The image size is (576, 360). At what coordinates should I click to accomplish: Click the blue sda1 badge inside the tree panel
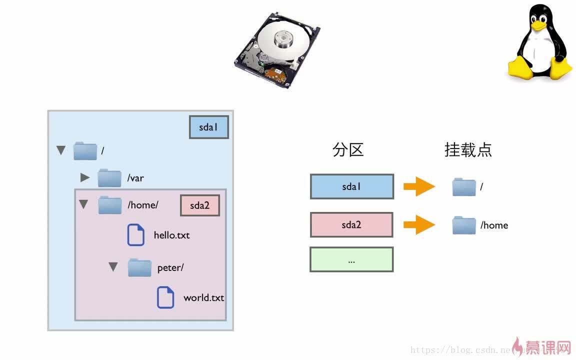[208, 127]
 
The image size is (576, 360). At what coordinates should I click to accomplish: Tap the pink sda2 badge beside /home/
[199, 205]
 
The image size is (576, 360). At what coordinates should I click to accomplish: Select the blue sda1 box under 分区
[351, 186]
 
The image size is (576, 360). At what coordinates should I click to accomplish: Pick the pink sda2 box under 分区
[351, 224]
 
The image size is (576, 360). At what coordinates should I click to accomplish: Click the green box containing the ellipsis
[351, 259]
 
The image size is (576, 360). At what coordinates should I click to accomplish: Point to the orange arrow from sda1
[419, 186]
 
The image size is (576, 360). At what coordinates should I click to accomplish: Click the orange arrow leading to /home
[419, 224]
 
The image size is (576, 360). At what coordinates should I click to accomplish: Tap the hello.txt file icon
[135, 235]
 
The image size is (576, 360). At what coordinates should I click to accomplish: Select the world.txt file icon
[165, 297]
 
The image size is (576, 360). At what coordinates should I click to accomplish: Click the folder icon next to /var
[109, 177]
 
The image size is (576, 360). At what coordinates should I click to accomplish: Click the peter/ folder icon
[139, 267]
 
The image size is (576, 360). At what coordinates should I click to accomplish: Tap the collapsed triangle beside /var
[85, 177]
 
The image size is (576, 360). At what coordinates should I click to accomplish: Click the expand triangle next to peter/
[113, 267]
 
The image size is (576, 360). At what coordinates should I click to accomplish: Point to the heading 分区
[348, 149]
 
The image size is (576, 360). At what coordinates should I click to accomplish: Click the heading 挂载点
[468, 149]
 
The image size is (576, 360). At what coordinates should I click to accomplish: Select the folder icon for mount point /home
[464, 225]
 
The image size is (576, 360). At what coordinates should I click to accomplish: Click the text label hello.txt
[171, 235]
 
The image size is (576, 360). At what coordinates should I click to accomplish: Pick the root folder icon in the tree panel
[85, 150]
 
